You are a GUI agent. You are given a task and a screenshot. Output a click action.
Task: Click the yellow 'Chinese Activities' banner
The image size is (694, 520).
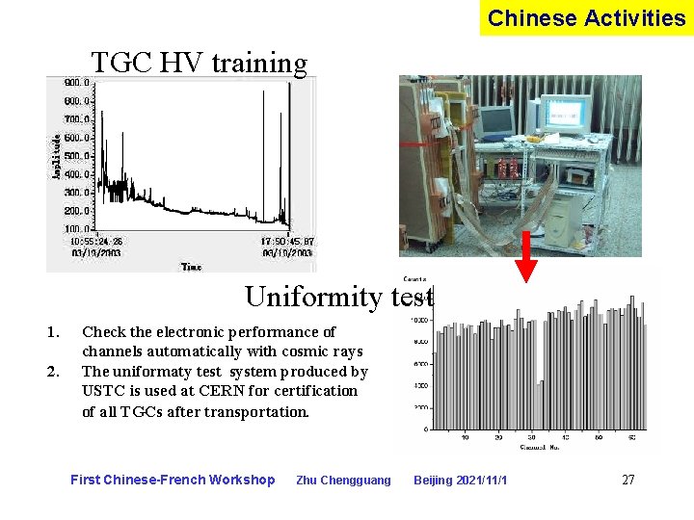586,18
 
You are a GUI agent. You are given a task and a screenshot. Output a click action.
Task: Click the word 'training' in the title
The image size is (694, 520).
259,64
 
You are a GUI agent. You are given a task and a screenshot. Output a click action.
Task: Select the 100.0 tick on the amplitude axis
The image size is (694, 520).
77,229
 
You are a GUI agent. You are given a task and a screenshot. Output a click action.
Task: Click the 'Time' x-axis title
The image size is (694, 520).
191,266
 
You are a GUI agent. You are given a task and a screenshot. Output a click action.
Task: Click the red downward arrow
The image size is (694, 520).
527,257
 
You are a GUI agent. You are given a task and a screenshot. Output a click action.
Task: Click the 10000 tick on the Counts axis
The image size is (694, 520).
420,321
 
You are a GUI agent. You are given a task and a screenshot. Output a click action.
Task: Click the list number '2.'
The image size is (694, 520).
53,371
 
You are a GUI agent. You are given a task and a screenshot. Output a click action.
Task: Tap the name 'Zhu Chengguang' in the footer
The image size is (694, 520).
343,481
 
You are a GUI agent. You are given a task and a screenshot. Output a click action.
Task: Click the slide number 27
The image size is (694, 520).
627,480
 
